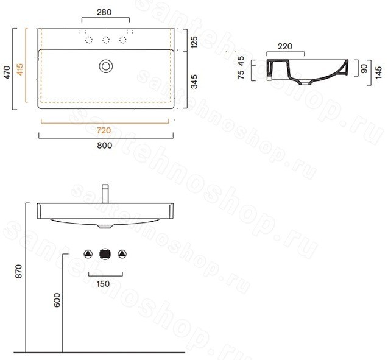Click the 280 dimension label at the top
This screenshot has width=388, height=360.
[x=104, y=12]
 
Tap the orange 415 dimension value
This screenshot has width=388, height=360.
[x=19, y=69]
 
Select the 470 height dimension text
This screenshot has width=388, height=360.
[x=7, y=72]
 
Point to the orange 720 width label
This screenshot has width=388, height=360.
[x=104, y=130]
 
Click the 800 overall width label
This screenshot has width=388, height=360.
[x=104, y=145]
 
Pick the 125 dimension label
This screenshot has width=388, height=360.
[x=194, y=42]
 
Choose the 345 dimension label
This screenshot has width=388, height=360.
[x=194, y=82]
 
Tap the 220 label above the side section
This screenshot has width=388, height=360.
[x=285, y=46]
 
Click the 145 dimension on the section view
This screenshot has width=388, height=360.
[x=378, y=72]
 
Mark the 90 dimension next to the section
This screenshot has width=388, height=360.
[x=364, y=69]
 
